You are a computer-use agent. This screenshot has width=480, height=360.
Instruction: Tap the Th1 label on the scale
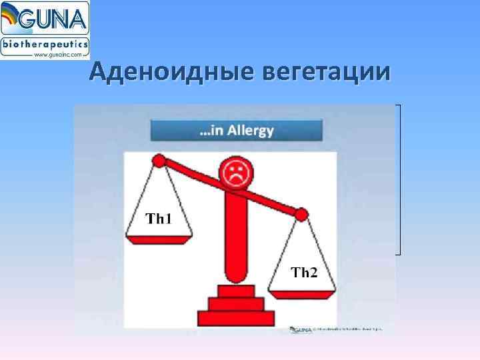[159, 218]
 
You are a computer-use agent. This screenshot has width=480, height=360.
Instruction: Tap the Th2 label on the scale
[304, 272]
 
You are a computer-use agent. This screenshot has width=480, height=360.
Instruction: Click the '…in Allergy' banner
[237, 129]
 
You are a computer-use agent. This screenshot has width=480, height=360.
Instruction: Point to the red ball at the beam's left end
[159, 160]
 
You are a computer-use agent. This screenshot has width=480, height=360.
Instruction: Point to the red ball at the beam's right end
[301, 215]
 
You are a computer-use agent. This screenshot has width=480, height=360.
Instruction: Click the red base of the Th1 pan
[159, 239]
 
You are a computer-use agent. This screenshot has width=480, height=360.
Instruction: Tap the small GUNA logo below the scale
[301, 329]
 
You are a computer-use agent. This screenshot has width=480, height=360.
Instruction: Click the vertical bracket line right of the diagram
[400, 180]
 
